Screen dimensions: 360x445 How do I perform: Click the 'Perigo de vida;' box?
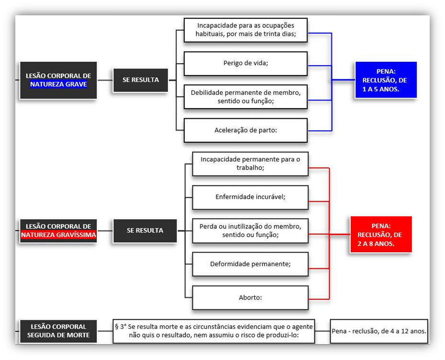click(245, 63)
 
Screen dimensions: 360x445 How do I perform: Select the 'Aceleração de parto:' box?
click(245, 130)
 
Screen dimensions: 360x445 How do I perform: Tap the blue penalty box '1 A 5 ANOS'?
click(385, 80)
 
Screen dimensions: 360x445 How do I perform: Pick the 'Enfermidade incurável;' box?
click(250, 197)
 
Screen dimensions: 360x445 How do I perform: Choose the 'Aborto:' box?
click(250, 297)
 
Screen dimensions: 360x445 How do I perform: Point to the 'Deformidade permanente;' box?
click(250, 264)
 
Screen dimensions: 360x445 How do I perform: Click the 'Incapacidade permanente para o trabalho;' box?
click(250, 164)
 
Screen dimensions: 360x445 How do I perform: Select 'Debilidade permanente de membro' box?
click(245, 97)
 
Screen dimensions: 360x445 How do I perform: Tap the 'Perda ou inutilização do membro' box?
click(250, 230)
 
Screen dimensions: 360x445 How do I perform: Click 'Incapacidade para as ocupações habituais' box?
click(245, 30)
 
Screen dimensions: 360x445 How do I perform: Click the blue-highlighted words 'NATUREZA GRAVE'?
click(58, 85)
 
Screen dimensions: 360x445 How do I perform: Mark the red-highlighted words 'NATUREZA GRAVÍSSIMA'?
click(58, 235)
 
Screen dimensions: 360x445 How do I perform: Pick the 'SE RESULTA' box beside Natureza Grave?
click(140, 80)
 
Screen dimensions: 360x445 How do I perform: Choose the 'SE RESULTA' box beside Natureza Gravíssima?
click(145, 230)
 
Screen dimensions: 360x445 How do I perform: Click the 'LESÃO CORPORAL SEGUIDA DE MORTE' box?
click(58, 331)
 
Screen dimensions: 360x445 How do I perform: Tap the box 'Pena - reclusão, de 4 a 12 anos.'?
click(378, 331)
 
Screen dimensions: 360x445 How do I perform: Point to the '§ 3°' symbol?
click(120, 326)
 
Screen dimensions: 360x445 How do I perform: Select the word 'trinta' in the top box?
click(272, 34)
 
